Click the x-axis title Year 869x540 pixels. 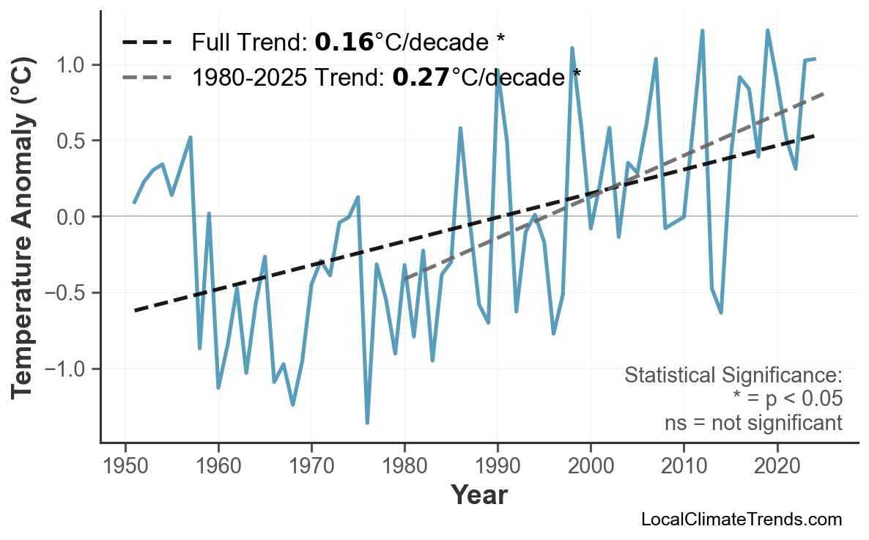click(478, 495)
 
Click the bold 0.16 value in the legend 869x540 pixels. click(344, 42)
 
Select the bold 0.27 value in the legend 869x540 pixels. click(421, 76)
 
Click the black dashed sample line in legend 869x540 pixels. click(147, 42)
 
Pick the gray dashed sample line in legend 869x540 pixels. click(147, 76)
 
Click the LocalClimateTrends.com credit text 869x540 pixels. click(741, 519)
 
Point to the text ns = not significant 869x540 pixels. click(753, 423)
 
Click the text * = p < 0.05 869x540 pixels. click(787, 399)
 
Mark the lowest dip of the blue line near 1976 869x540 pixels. click(367, 423)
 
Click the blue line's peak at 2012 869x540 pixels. click(702, 31)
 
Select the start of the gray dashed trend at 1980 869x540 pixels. click(404, 278)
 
